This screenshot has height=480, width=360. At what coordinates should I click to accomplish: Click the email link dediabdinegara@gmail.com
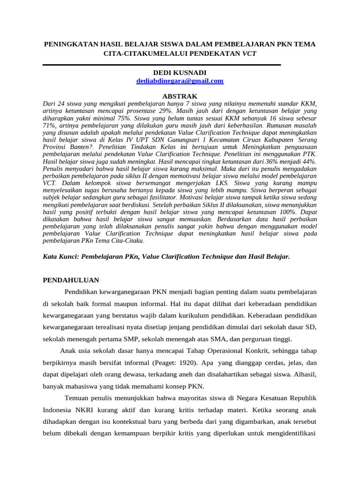pos(180,81)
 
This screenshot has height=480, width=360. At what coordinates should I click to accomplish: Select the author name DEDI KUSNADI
pos(180,73)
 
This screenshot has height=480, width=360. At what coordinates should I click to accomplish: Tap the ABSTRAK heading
pos(180,96)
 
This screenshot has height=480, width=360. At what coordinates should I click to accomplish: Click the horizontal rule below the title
pos(162,65)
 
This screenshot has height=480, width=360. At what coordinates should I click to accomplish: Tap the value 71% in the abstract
pos(49,127)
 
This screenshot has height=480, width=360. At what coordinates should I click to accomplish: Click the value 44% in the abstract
pos(308,161)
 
